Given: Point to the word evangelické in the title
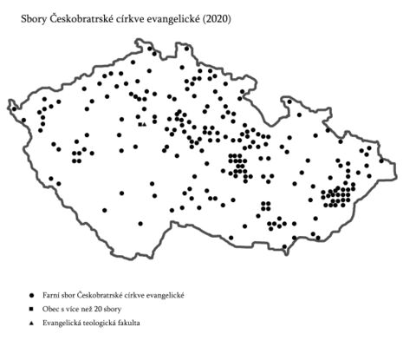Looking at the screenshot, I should (x=175, y=18).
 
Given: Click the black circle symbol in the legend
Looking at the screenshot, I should (x=31, y=295).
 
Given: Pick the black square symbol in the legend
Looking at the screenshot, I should (x=31, y=309).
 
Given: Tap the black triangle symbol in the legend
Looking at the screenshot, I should (x=31, y=323).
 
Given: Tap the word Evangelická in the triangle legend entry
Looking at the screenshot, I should (x=60, y=323).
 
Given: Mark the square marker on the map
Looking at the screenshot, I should (x=141, y=125).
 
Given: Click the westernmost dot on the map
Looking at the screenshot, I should (x=13, y=108).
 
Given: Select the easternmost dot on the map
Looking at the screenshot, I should (x=381, y=160).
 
